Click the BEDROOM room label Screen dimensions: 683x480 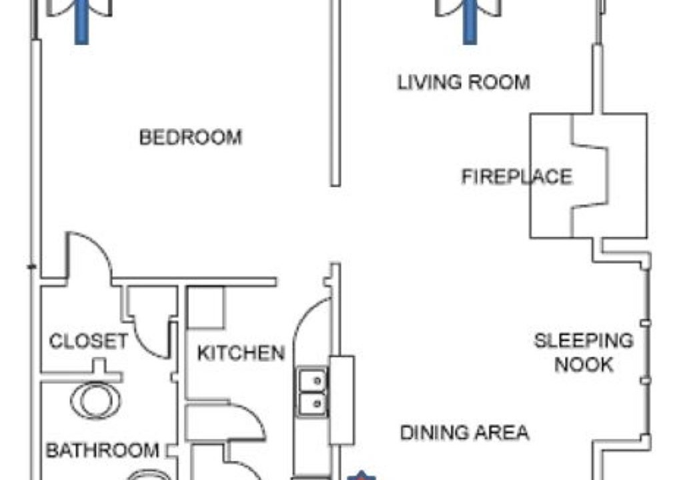(x=190, y=137)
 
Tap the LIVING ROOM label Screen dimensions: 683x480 (x=464, y=82)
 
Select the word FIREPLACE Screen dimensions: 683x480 (x=517, y=177)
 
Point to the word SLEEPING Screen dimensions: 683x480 (x=584, y=340)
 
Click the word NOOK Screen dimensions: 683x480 (x=584, y=364)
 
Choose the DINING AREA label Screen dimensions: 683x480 (x=464, y=433)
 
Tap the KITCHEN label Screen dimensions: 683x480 (x=241, y=353)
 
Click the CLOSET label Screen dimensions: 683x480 (x=89, y=341)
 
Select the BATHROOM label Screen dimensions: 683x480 (x=102, y=450)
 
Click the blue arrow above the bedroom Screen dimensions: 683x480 (x=81, y=22)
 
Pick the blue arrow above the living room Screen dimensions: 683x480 (x=469, y=22)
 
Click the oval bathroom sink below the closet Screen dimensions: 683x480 (x=96, y=400)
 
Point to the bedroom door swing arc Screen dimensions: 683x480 (x=98, y=245)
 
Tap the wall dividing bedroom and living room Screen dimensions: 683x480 (x=335, y=93)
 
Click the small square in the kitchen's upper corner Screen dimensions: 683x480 (x=205, y=307)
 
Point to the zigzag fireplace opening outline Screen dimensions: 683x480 (x=590, y=176)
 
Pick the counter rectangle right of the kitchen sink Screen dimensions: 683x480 (x=341, y=400)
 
